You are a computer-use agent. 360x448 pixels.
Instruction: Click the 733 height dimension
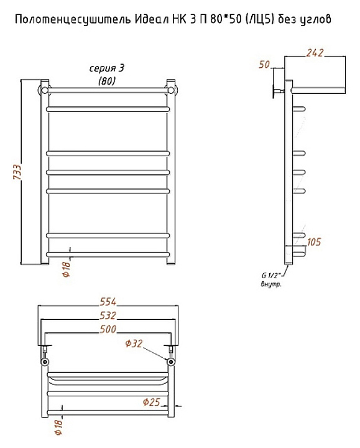[x=17, y=172]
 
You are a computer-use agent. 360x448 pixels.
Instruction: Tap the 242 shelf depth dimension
[x=315, y=53]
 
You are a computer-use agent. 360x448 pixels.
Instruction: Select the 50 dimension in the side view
[x=264, y=65]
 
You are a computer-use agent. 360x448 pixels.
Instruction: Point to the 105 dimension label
[x=314, y=241]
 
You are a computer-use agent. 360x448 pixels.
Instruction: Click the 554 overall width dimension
[x=108, y=302]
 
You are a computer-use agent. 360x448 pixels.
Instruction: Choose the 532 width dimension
[x=108, y=315]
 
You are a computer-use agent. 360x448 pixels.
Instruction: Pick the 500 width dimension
[x=108, y=329]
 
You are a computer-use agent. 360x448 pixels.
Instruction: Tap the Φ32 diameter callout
[x=134, y=343]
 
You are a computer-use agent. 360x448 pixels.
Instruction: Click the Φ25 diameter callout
[x=151, y=403]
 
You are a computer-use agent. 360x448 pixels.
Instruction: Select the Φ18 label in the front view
[x=66, y=269]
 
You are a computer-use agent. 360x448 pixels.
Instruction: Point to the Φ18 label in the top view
[x=58, y=427]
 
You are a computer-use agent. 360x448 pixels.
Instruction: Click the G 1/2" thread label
[x=271, y=276]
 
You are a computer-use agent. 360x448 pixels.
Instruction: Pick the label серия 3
[x=107, y=68]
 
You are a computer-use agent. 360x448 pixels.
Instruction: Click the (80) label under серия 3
[x=107, y=82]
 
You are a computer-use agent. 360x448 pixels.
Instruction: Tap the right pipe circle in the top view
[x=171, y=362]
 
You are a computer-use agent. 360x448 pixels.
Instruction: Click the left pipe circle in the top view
[x=45, y=362]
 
